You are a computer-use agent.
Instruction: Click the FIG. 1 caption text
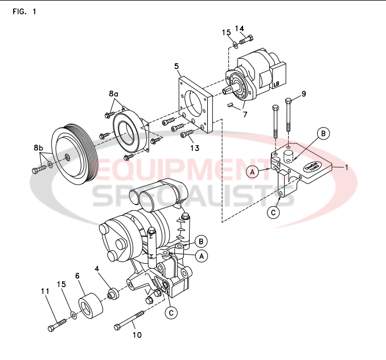point(24,12)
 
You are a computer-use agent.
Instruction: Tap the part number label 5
point(177,66)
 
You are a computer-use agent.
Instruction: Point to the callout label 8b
point(39,148)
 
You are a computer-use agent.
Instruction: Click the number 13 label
point(195,149)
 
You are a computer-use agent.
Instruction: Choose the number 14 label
point(239,28)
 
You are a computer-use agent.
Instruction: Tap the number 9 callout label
point(303,93)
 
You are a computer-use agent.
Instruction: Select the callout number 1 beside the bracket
point(344,167)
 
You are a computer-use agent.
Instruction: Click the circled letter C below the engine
point(170,312)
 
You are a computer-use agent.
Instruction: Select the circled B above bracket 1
point(323,133)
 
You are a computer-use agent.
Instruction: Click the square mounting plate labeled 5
point(196,105)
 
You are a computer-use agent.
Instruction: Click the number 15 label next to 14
point(226,32)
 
